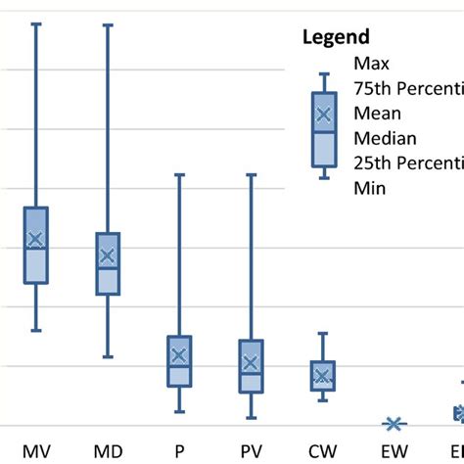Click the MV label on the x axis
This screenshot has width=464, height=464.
36,451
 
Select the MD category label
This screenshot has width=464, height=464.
108,451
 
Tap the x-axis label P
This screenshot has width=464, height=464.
179,451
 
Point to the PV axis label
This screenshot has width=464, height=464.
251,451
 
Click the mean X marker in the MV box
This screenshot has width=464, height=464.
36,239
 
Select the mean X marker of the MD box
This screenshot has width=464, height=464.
108,256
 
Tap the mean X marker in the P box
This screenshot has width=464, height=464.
179,356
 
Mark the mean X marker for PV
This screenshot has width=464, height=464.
251,363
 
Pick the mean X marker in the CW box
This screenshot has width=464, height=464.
322,376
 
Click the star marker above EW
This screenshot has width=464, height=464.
394,424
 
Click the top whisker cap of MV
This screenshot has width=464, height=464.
36,23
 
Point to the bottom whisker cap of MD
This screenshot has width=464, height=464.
108,357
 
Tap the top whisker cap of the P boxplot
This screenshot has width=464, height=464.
179,175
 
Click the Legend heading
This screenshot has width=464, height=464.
334,38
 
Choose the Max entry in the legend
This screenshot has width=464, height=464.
371,64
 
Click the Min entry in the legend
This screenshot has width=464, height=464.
369,188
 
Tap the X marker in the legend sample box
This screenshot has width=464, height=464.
325,116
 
